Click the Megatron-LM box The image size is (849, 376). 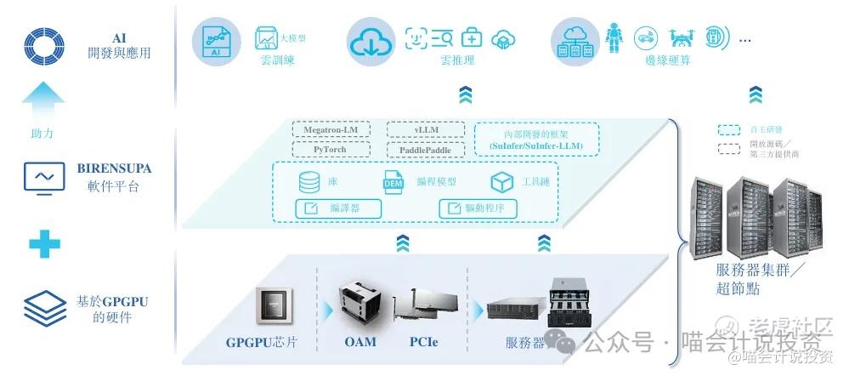point(327,130)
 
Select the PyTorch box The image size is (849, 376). point(327,149)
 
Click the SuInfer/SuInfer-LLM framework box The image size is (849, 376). point(536,139)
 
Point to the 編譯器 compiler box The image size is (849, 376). point(337,208)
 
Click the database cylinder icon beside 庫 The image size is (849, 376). point(309,182)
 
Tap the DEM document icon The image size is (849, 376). point(393,182)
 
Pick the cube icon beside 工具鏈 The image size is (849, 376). point(502,182)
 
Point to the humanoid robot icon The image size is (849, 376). point(614,37)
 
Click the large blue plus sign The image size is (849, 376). point(44,244)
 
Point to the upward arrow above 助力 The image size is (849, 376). point(43,103)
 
